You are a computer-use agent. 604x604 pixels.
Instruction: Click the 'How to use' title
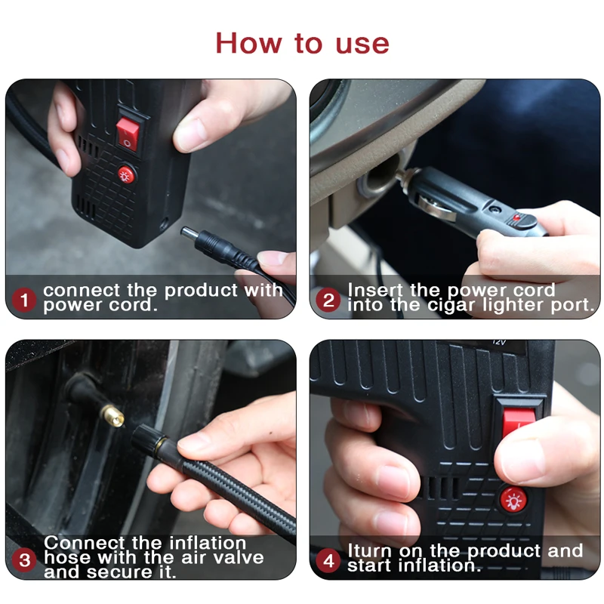(303, 43)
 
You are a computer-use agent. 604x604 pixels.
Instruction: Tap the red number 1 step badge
(24, 300)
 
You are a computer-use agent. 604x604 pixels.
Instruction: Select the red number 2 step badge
(328, 300)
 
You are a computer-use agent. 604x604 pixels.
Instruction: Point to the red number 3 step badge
(24, 560)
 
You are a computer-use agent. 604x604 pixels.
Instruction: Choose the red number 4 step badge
(328, 560)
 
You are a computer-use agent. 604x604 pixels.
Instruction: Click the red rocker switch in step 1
(128, 134)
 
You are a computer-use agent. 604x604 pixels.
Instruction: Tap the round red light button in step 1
(126, 176)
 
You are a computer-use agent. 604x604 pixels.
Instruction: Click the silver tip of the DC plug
(189, 233)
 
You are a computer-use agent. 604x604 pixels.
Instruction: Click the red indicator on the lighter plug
(516, 218)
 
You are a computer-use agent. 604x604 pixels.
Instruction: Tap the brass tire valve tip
(112, 416)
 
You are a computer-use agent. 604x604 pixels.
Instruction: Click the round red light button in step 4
(513, 500)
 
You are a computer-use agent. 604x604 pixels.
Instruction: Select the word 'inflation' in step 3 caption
(208, 543)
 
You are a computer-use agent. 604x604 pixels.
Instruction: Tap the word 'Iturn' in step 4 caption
(370, 551)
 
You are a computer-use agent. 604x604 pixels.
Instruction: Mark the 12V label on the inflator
(499, 342)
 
